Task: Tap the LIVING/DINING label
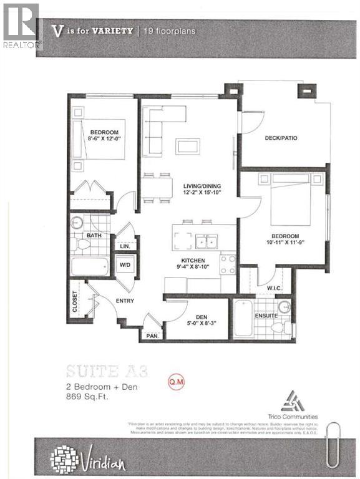197,186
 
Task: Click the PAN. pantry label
150,335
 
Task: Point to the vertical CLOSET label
75,301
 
